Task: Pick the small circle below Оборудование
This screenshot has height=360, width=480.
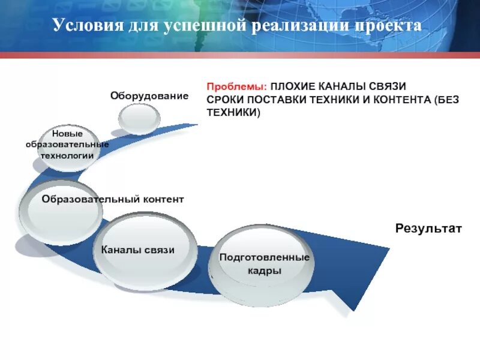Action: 139,118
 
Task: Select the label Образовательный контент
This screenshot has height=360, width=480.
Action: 113,199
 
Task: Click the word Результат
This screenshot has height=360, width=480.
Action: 428,228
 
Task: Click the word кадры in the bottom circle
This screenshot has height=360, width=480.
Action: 264,271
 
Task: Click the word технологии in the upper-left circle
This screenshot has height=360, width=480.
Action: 67,155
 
